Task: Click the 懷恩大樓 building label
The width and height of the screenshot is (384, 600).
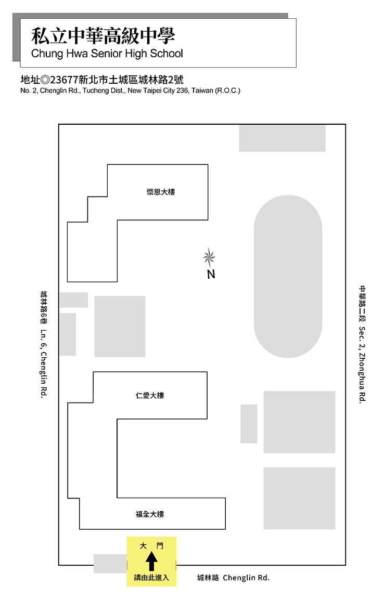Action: point(161,192)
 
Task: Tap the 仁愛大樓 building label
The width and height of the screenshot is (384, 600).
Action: point(150,396)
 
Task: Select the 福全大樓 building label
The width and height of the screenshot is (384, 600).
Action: point(150,514)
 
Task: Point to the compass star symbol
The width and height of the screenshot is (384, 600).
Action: point(209,257)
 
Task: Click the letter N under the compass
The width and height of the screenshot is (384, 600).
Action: point(211,275)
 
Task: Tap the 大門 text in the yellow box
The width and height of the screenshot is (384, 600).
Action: point(151,545)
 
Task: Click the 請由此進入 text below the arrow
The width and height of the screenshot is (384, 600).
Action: point(151,578)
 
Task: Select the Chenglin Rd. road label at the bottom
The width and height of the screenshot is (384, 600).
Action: point(246,578)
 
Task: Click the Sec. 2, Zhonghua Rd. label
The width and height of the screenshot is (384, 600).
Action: point(362,364)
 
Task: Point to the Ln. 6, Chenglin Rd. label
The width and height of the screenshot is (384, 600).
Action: point(44,364)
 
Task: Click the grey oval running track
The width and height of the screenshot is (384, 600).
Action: point(288,276)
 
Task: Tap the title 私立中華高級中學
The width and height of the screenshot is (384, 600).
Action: point(103,36)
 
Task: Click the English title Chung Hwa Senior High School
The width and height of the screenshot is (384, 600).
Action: point(107,54)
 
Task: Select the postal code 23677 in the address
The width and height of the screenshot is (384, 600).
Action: point(64,80)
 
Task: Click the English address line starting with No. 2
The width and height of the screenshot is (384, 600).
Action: point(130,90)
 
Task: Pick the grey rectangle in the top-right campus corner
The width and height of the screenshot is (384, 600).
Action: point(282,138)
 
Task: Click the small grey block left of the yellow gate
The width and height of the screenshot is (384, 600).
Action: point(110,564)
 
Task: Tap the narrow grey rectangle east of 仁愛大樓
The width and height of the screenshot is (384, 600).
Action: point(249,424)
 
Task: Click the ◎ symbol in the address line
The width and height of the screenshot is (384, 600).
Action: point(45,80)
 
